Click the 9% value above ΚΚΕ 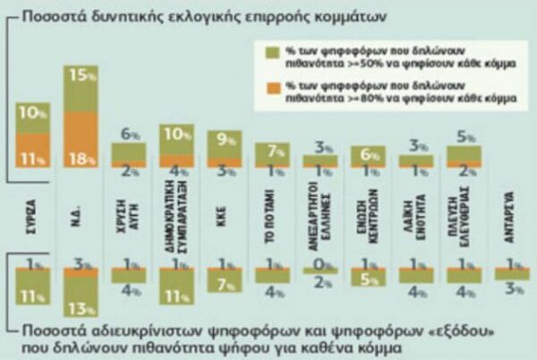(x=224, y=139)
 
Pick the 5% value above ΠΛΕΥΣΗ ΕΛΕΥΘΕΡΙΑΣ (x=462, y=138)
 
